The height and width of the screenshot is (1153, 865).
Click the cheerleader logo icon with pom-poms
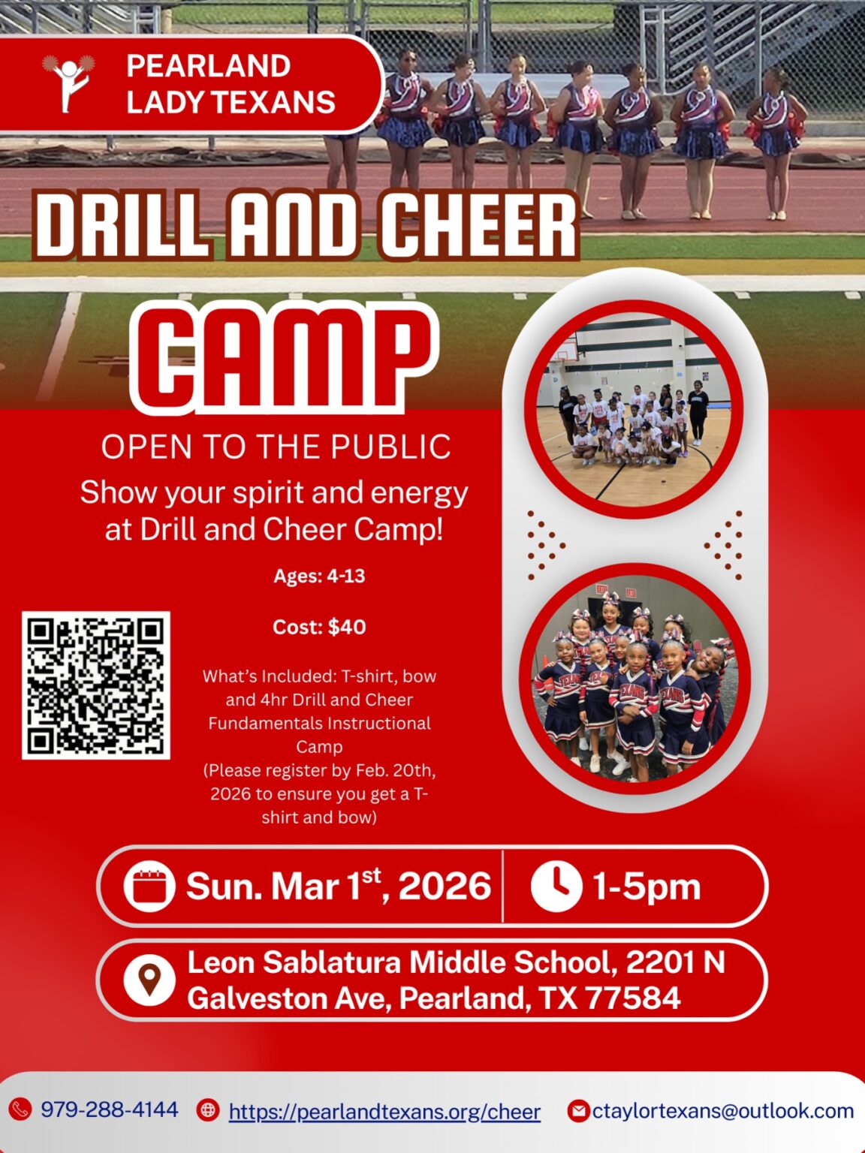pos(68,83)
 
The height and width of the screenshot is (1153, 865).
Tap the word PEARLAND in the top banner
pos(209,65)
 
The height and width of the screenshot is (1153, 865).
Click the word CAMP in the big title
pos(284,357)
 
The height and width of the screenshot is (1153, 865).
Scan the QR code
pos(96,685)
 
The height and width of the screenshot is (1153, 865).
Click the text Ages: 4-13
pos(319,576)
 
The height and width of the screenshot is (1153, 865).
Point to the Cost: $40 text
pos(319,628)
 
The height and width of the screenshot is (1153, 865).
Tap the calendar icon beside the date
pos(149,887)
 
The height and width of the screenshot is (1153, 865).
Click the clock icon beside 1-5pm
pos(556,887)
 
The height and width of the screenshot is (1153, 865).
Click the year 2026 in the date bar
pos(445,887)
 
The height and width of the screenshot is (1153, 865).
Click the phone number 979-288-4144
pos(109,1110)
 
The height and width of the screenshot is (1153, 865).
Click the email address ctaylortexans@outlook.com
pos(723,1111)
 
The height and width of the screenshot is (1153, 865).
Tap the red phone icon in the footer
pos(20,1110)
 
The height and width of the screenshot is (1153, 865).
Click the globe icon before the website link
pos(208,1110)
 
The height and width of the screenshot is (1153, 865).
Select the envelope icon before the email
pos(579,1111)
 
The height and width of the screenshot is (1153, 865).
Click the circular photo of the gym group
pos(634,410)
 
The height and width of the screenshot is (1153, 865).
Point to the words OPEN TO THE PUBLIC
pos(276,447)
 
